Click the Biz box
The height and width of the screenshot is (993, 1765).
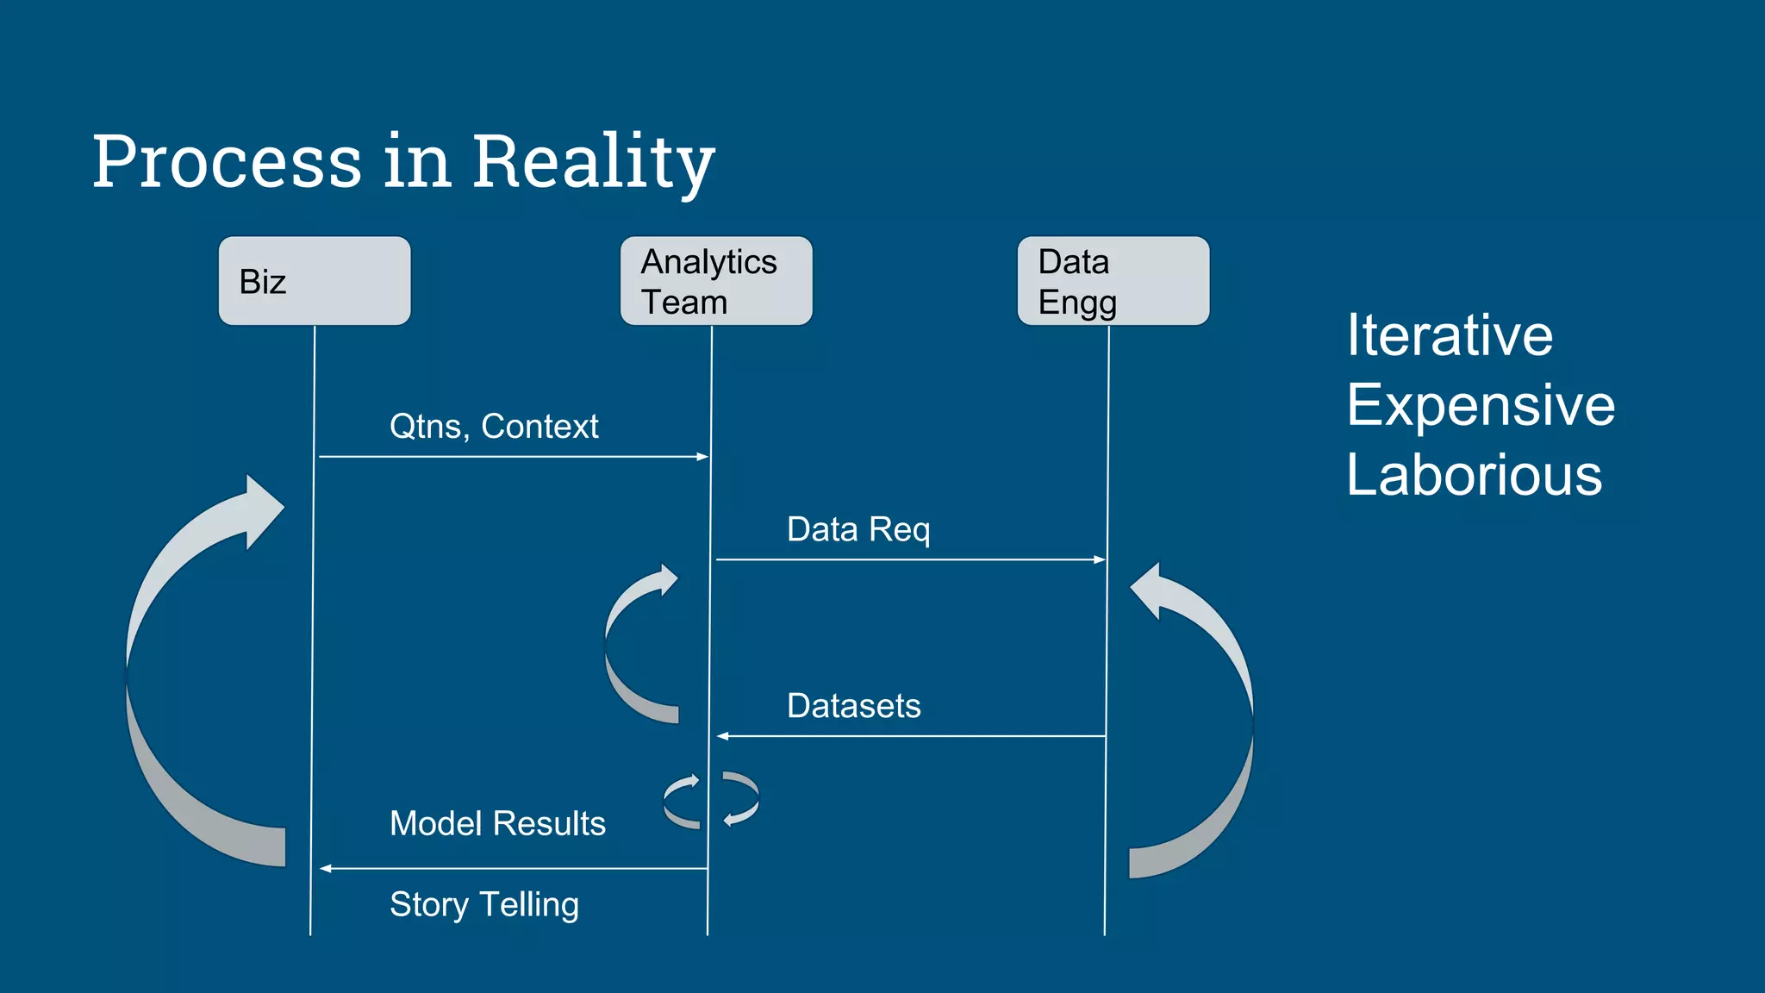tap(315, 281)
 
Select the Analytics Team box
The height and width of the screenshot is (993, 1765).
tap(716, 281)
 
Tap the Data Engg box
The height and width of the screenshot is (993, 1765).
tap(1113, 281)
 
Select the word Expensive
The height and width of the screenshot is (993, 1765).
tap(1481, 405)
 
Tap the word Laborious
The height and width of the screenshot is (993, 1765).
tap(1474, 475)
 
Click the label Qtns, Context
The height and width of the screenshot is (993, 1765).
tap(494, 426)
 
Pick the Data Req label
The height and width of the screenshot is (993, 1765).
tap(858, 529)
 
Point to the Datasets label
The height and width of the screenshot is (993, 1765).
tap(853, 706)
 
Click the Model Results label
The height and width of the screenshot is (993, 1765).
tap(497, 823)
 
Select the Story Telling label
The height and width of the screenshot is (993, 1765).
tap(484, 904)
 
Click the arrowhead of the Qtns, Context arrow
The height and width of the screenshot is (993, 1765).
tap(703, 457)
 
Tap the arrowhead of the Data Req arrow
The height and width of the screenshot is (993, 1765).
tap(1100, 560)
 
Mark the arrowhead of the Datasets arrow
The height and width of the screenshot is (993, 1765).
tap(723, 736)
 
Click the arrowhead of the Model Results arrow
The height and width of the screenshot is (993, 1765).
tap(326, 869)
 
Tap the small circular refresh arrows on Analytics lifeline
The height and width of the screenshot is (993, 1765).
tap(711, 800)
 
